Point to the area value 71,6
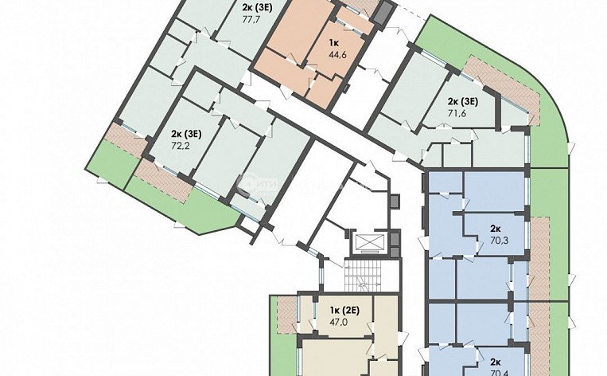tap(457, 114)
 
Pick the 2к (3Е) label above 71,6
tap(462, 101)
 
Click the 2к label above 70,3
tap(495, 226)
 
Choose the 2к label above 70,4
tap(495, 360)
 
